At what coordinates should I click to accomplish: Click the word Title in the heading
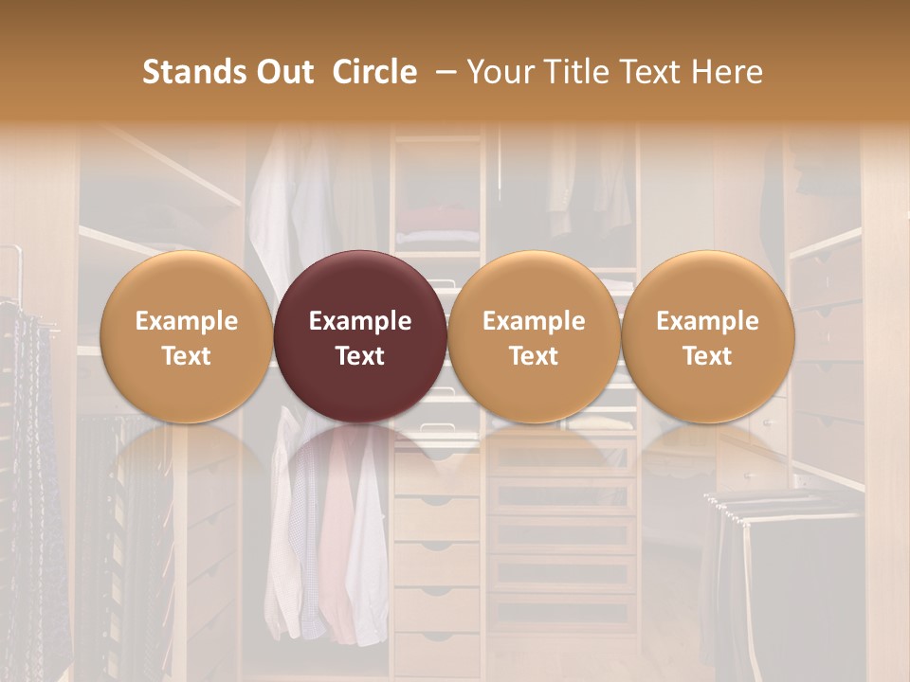(572, 72)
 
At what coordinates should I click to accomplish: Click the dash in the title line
(442, 72)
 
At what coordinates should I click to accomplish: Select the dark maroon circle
(360, 336)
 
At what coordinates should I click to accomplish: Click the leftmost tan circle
(186, 336)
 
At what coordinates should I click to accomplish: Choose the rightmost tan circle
(707, 336)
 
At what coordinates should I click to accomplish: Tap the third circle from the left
(534, 336)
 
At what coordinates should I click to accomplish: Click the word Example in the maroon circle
(360, 321)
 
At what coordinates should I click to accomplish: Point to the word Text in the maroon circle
(360, 356)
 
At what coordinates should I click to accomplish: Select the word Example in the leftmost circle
(186, 321)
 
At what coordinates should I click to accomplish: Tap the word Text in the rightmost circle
(707, 356)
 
